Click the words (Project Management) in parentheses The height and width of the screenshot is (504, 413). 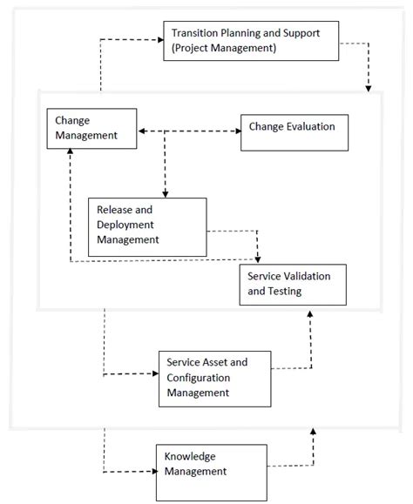pyautogui.click(x=224, y=48)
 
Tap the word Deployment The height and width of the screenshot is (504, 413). pyautogui.click(x=125, y=225)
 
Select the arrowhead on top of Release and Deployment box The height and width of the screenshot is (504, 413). pyautogui.click(x=165, y=193)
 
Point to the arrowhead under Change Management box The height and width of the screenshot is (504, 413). pyautogui.click(x=72, y=151)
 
